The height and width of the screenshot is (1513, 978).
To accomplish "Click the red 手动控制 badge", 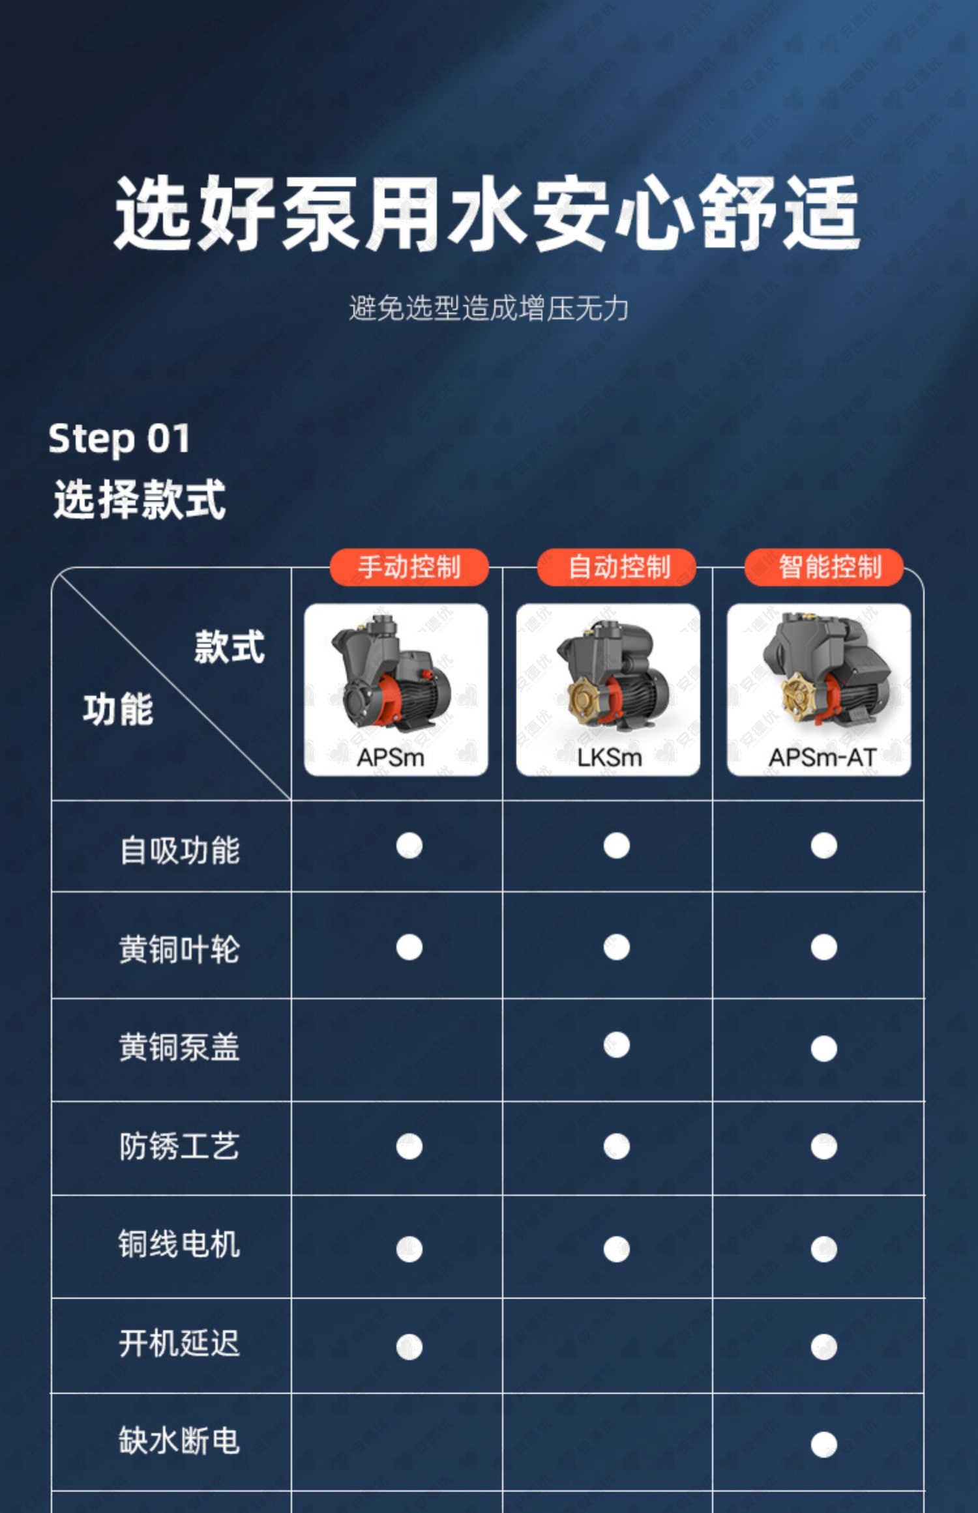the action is pyautogui.click(x=409, y=567).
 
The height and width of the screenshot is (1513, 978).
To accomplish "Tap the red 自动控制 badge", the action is pyautogui.click(x=617, y=567).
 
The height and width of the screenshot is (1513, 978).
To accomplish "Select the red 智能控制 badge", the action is pyautogui.click(x=824, y=567).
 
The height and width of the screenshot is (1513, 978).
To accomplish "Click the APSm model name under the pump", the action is pyautogui.click(x=391, y=757).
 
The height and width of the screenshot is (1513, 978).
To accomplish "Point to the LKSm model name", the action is pyautogui.click(x=610, y=757).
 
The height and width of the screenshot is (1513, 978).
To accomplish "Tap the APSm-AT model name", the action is pyautogui.click(x=822, y=757).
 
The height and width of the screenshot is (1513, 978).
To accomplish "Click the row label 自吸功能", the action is pyautogui.click(x=180, y=850).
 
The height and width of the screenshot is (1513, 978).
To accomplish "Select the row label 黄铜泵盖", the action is pyautogui.click(x=179, y=1047).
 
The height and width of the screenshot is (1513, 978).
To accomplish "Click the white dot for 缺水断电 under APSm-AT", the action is pyautogui.click(x=823, y=1444).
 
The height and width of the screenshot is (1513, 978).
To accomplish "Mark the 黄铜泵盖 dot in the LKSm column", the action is pyautogui.click(x=616, y=1045).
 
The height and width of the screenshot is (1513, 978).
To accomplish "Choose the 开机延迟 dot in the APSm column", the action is pyautogui.click(x=409, y=1347).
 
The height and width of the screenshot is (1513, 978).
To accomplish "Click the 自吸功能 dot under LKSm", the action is pyautogui.click(x=616, y=846).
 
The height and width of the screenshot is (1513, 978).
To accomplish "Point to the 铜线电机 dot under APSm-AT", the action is pyautogui.click(x=823, y=1249).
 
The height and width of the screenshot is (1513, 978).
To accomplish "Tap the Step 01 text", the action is pyautogui.click(x=119, y=438).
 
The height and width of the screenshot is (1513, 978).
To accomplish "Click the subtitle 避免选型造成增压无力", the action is pyautogui.click(x=488, y=308).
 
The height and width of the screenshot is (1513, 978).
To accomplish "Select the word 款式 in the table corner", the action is pyautogui.click(x=230, y=646).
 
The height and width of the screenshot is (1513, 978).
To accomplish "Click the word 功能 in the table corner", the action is pyautogui.click(x=118, y=709).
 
